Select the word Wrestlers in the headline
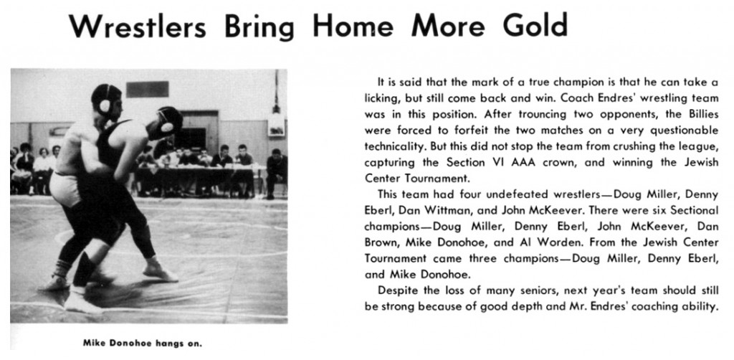point(138,28)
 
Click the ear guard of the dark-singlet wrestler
point(167,126)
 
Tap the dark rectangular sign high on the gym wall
point(147,89)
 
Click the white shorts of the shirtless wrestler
point(65,187)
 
